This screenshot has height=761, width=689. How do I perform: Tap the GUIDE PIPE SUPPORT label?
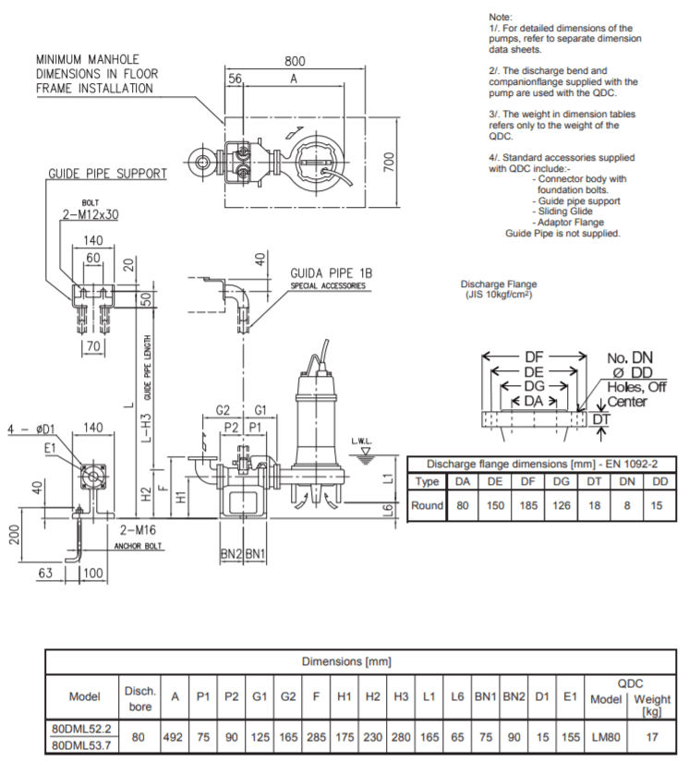tap(108, 174)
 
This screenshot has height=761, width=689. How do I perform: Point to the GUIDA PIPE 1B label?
tap(331, 273)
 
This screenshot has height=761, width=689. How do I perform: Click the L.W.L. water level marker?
tap(361, 441)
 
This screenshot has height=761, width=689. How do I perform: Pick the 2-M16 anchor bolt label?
tap(140, 531)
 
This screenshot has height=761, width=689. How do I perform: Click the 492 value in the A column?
tap(175, 738)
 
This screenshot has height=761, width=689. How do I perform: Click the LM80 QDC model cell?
tap(606, 738)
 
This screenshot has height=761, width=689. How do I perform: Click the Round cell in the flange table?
tap(427, 506)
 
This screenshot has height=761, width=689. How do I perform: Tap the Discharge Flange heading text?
tap(499, 284)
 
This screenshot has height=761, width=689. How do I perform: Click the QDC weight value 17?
tap(652, 738)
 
